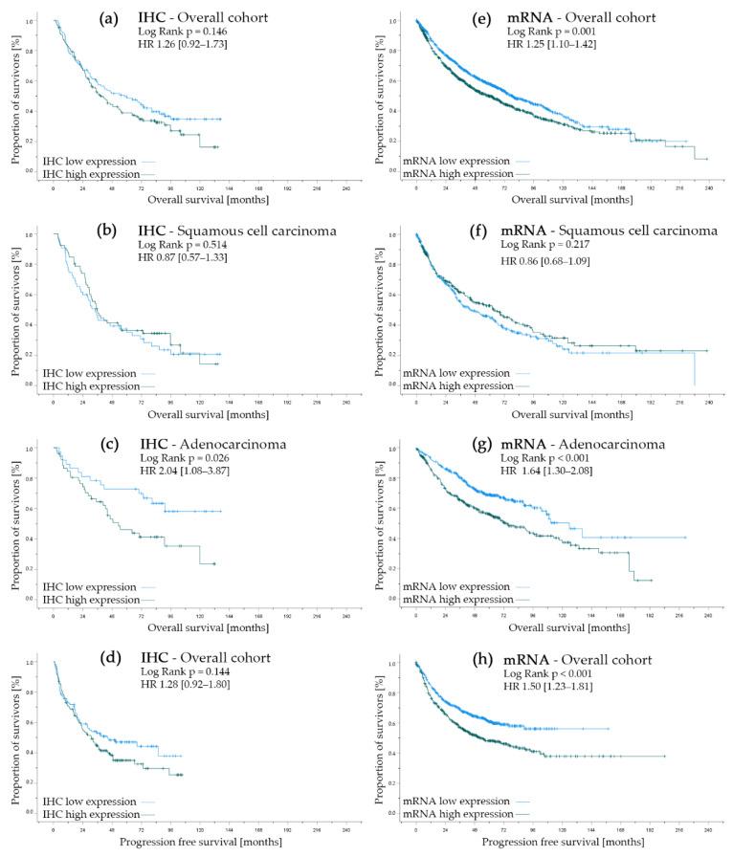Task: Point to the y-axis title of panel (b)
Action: point(16,307)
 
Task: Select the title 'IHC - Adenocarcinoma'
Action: point(199,445)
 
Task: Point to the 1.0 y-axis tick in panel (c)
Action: point(30,449)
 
